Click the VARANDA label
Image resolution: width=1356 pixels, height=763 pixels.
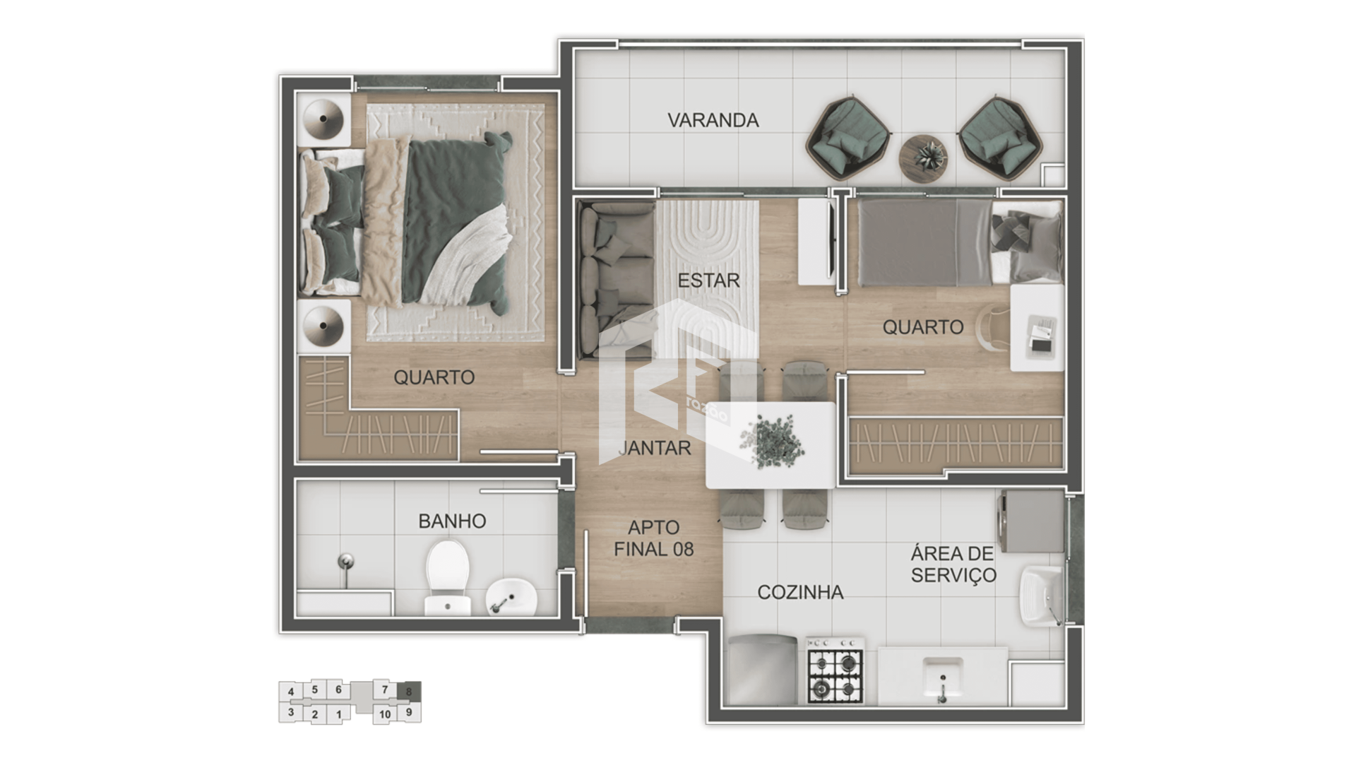[x=713, y=120]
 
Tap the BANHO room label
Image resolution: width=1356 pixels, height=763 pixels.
[x=452, y=521]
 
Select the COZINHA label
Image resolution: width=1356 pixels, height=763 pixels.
[x=800, y=592]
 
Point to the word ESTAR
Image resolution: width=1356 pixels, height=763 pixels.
[x=708, y=280]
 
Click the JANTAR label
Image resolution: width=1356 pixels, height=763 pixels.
[x=655, y=448]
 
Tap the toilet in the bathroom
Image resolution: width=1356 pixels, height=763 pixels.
[x=447, y=576]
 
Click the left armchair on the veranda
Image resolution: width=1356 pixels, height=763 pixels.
[x=847, y=138]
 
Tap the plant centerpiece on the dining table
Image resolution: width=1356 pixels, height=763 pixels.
[x=772, y=442]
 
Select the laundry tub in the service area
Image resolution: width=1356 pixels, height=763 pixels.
[x=1042, y=595]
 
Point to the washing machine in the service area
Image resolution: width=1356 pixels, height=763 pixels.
[x=1030, y=522]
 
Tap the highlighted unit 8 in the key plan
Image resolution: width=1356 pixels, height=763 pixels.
[x=409, y=692]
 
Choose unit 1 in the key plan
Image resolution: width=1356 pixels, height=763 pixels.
[x=339, y=714]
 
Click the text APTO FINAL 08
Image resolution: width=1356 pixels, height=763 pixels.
[x=654, y=538]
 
